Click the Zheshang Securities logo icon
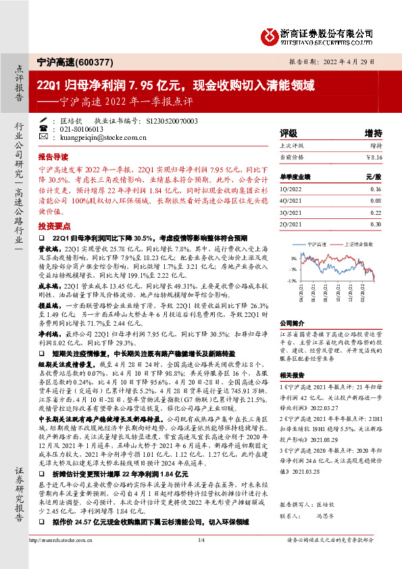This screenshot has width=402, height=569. tap(271, 34)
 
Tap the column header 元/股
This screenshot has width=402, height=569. tap(374, 176)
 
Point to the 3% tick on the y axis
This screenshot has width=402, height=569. tap(292, 258)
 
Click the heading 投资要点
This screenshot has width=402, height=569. tap(55, 225)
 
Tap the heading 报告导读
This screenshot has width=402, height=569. tap(55, 155)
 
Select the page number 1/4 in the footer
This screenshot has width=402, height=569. tap(201, 558)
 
